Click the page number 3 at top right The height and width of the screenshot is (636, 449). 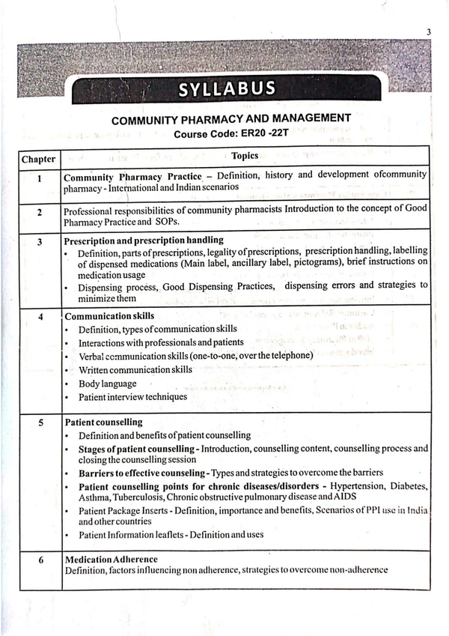(x=429, y=31)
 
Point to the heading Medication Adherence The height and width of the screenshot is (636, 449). (x=111, y=559)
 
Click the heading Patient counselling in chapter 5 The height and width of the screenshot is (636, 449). (x=103, y=423)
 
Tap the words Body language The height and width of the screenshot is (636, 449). (x=107, y=384)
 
